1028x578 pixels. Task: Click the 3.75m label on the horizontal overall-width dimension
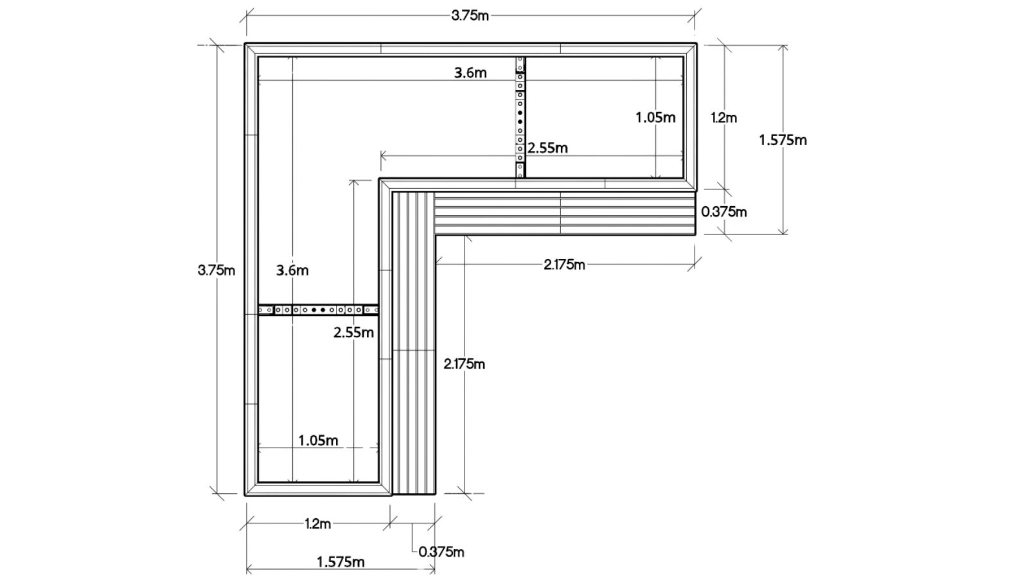pyautogui.click(x=470, y=15)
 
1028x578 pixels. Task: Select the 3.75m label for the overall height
pyautogui.click(x=216, y=270)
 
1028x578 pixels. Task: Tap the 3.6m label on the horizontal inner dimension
pyautogui.click(x=470, y=73)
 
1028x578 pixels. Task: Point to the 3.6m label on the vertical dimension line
pyautogui.click(x=292, y=270)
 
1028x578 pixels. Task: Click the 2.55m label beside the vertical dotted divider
pyautogui.click(x=547, y=148)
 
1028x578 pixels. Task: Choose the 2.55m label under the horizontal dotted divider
pyautogui.click(x=353, y=333)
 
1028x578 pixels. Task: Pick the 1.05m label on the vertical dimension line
pyautogui.click(x=655, y=118)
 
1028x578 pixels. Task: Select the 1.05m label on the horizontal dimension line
pyautogui.click(x=318, y=441)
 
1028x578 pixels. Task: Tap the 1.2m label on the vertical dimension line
pyautogui.click(x=723, y=118)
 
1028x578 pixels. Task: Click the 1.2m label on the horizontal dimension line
pyautogui.click(x=318, y=524)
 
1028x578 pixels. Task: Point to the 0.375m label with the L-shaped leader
pyautogui.click(x=441, y=552)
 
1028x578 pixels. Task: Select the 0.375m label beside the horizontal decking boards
pyautogui.click(x=724, y=211)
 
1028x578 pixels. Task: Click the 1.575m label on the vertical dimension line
pyautogui.click(x=783, y=140)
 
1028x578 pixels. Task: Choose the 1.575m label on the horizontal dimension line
pyautogui.click(x=341, y=563)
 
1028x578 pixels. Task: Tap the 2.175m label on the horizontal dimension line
pyautogui.click(x=564, y=264)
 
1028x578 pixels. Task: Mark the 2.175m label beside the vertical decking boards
pyautogui.click(x=464, y=364)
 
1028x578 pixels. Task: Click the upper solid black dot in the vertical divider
pyautogui.click(x=520, y=113)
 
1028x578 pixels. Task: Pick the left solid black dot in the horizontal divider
pyautogui.click(x=314, y=310)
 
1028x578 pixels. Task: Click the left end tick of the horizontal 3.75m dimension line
pyautogui.click(x=247, y=15)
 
